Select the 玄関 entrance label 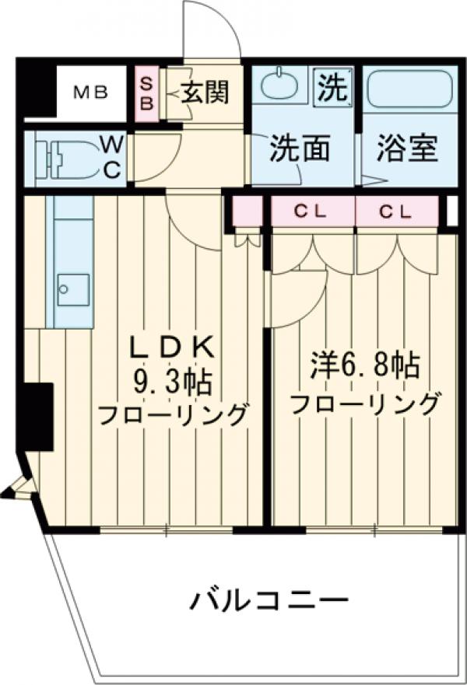[x=206, y=93]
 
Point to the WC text [x=112, y=158]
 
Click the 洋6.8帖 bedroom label [x=365, y=365]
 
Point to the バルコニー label [x=267, y=600]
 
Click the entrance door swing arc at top [x=209, y=30]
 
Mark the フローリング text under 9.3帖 [x=174, y=414]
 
